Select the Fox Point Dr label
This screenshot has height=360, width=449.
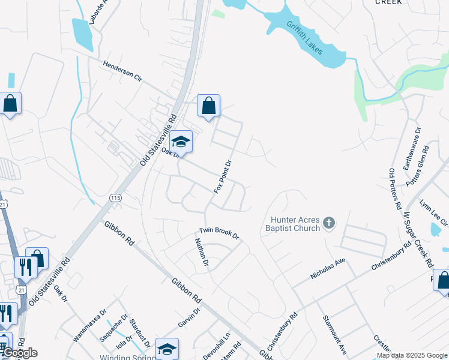pyautogui.click(x=223, y=176)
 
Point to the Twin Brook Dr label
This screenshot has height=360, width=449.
pyautogui.click(x=219, y=234)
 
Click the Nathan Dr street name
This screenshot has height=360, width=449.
pyautogui.click(x=200, y=252)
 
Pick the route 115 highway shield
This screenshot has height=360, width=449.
pyautogui.click(x=115, y=197)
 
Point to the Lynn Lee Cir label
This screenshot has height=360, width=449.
pyautogui.click(x=433, y=212)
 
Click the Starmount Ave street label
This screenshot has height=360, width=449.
pyautogui.click(x=334, y=334)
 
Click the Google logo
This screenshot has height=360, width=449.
pyautogui.click(x=20, y=353)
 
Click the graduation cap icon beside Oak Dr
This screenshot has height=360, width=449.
pyautogui.click(x=181, y=142)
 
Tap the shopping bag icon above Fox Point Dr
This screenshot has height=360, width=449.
pyautogui.click(x=208, y=106)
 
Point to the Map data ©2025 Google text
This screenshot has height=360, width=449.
pyautogui.click(x=412, y=355)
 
